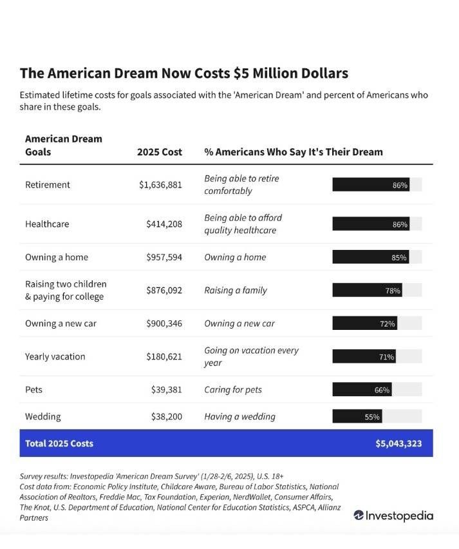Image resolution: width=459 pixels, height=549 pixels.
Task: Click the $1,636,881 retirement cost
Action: pyautogui.click(x=160, y=185)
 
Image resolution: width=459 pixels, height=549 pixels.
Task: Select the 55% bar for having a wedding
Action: pyautogui.click(x=357, y=416)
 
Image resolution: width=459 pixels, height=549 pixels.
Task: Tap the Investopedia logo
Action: pyautogui.click(x=393, y=515)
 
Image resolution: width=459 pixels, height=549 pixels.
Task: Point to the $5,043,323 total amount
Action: pyautogui.click(x=398, y=443)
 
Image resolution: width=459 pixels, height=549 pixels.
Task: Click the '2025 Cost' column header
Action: pyautogui.click(x=160, y=152)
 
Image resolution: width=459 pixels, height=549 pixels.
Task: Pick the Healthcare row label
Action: pyautogui.click(x=47, y=224)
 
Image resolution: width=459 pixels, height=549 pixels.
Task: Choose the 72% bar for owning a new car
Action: pyautogui.click(x=365, y=323)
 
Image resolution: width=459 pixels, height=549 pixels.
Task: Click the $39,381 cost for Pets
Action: pyautogui.click(x=167, y=390)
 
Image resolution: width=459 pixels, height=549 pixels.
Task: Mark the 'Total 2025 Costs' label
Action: pyautogui.click(x=59, y=443)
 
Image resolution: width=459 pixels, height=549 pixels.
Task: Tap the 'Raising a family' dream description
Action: pyautogui.click(x=236, y=290)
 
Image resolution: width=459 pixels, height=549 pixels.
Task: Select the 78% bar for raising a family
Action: pyautogui.click(x=368, y=290)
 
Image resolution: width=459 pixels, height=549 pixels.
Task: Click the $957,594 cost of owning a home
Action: pyautogui.click(x=164, y=257)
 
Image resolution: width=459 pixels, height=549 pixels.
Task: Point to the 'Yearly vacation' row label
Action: pyautogui.click(x=55, y=357)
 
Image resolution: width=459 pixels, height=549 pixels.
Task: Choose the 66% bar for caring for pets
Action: pyautogui.click(x=362, y=389)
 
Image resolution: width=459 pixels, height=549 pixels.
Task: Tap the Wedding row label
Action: pyautogui.click(x=43, y=417)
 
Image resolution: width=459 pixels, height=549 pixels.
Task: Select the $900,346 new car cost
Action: pyautogui.click(x=164, y=323)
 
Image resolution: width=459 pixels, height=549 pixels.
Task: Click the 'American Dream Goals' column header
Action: pyautogui.click(x=64, y=145)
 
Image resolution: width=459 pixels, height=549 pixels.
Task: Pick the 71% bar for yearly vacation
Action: pyautogui.click(x=364, y=356)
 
